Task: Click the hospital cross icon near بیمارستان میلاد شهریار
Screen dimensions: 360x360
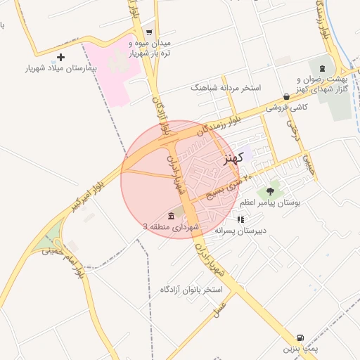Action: coord(60,57)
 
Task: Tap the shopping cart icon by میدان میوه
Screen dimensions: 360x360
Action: coord(148,32)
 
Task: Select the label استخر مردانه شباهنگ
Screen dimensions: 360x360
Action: coord(225,88)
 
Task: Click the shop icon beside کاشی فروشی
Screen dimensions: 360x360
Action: coord(286,96)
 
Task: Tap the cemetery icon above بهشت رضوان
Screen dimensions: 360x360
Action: coord(322,68)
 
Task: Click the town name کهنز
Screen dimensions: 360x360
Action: coord(232,158)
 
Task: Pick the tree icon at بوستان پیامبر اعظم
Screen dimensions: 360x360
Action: coord(270,191)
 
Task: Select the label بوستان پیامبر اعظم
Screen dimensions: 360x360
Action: coord(270,202)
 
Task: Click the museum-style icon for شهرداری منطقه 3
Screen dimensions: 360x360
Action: coord(171,215)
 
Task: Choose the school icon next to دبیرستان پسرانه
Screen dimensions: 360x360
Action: coord(240,219)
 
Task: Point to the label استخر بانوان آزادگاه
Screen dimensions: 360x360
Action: coord(191,290)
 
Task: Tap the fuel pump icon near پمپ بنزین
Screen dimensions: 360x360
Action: coord(301,338)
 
